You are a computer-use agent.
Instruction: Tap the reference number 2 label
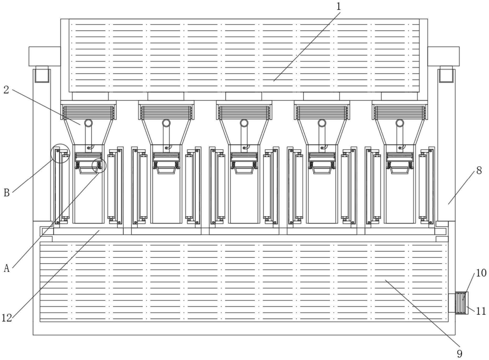tap(6, 90)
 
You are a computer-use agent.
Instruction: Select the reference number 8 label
tap(479, 171)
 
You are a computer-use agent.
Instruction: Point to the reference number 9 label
tap(459, 353)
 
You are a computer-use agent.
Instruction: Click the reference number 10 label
tap(481, 273)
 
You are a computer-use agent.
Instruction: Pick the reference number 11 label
tap(481, 311)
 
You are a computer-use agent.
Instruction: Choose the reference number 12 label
tap(7, 318)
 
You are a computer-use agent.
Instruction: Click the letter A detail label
tap(7, 268)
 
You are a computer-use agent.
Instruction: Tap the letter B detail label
tap(7, 193)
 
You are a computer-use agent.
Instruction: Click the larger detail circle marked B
tap(60, 153)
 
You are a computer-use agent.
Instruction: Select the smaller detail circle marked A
tap(99, 166)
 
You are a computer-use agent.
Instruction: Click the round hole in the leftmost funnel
tap(89, 123)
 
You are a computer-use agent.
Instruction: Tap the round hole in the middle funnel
tap(244, 123)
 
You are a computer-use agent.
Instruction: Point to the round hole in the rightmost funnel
tap(400, 123)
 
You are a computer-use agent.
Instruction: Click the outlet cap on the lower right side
tap(462, 303)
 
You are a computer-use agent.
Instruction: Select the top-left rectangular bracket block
tap(44, 56)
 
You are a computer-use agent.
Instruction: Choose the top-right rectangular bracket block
tap(444, 56)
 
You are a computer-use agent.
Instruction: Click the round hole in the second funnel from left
tap(166, 123)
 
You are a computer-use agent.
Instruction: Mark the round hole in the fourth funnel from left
tap(322, 123)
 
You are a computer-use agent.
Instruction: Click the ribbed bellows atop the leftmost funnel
tap(89, 112)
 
